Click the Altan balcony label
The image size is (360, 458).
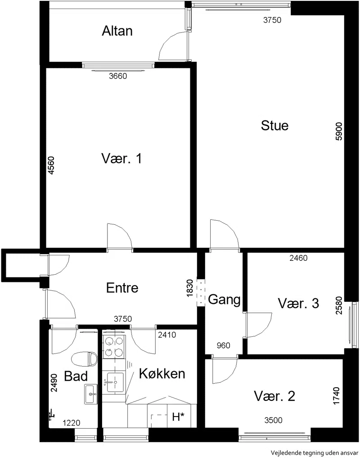point(117,31)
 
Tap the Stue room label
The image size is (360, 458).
point(274,126)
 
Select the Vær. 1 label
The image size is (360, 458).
point(121,159)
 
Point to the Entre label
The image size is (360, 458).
point(122,288)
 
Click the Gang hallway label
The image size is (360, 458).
point(224,299)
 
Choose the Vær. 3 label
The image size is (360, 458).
point(298,303)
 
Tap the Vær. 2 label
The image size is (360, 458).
point(274,396)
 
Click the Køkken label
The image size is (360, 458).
point(162,374)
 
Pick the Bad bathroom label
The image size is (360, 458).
point(76,376)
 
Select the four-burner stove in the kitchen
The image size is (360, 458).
point(114,347)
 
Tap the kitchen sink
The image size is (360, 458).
point(115,382)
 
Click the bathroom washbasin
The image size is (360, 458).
point(91,395)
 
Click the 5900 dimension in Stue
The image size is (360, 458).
point(339,132)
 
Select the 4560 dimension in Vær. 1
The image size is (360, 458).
point(51,166)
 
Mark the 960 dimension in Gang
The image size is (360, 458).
point(223,345)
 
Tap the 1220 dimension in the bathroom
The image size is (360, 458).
point(72,423)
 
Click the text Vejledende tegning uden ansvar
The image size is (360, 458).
point(314,453)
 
